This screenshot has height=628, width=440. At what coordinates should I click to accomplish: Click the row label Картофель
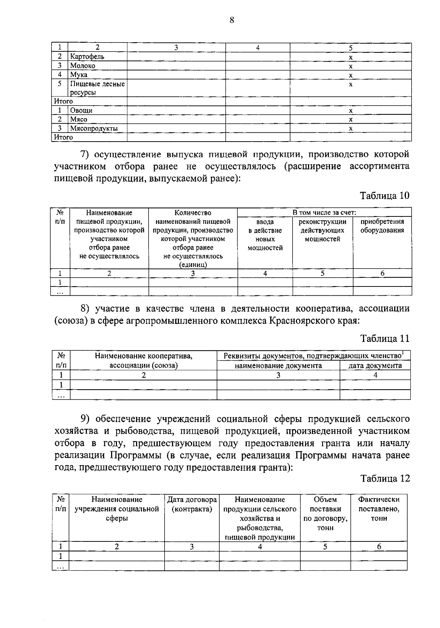coord(87,56)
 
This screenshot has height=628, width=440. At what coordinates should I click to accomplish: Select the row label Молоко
coord(83,66)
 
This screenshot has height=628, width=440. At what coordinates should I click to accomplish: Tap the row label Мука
coord(79,74)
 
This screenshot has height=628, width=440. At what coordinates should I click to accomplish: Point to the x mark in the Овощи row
coord(351,110)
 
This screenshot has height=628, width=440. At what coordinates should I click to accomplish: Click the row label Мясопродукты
coord(94,128)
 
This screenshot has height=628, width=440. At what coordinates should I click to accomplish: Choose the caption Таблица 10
coord(384,195)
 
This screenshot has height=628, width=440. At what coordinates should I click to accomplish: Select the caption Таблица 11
coord(384,338)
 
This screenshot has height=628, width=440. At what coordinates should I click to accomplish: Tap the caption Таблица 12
coord(384,478)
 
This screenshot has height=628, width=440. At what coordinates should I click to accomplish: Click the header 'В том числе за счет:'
coord(324,212)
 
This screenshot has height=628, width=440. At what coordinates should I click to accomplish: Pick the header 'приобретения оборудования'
coord(382,226)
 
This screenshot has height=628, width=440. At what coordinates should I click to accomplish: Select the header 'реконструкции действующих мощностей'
coord(322,230)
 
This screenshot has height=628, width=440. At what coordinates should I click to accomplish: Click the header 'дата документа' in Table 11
coord(375,365)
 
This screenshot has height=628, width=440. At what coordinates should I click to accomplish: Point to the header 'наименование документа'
coord(278,365)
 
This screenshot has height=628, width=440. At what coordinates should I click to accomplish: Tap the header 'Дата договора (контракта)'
coord(192,504)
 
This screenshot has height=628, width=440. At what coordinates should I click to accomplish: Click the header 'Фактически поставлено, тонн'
coord(379,509)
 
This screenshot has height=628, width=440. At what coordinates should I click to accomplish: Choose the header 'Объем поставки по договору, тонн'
coord(325,514)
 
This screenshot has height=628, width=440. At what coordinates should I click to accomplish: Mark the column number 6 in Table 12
coord(379,547)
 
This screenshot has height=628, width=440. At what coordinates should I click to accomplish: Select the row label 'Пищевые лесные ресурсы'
coord(97,88)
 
